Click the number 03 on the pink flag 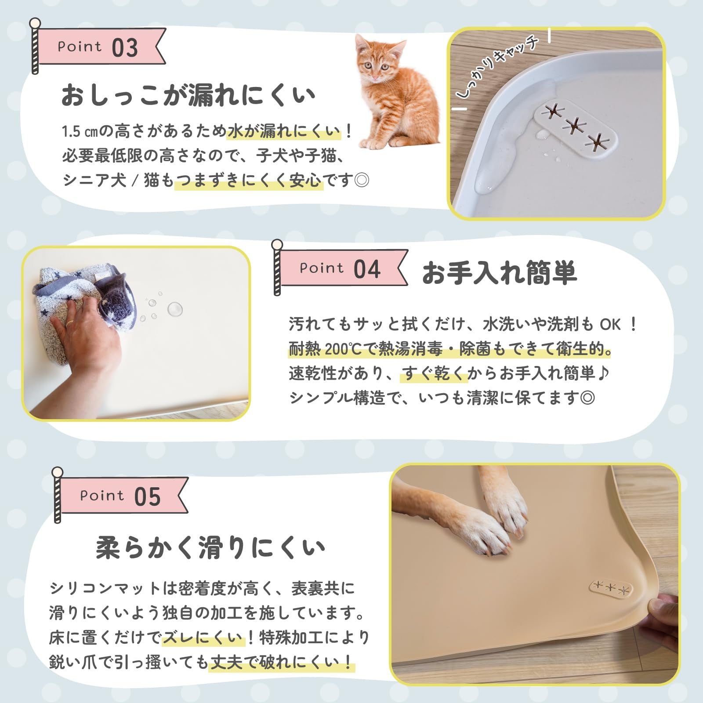125,47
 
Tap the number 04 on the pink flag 367,269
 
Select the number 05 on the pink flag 148,497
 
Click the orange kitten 395,92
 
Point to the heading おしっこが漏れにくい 188,95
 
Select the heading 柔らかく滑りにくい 210,548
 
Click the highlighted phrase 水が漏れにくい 284,131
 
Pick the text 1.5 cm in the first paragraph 80,131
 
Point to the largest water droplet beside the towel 175,309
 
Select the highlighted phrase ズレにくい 203,638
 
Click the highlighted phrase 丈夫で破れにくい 282,662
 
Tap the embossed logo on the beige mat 611,589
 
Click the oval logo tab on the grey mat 575,127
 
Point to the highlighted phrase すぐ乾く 433,373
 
